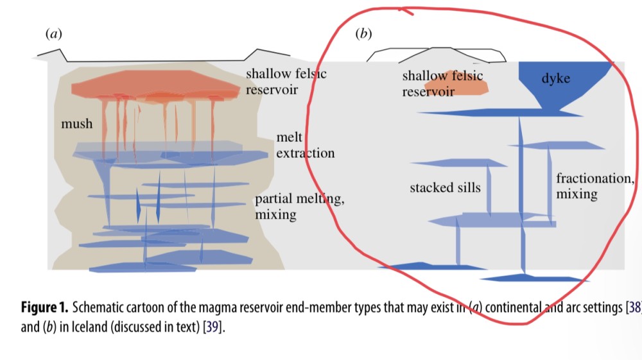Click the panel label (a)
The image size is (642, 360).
coord(53,34)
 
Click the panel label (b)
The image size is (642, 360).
coord(363,34)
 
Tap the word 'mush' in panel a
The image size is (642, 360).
coord(76,123)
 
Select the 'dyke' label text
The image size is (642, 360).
coord(555,79)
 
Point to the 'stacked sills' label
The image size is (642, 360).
coord(445,187)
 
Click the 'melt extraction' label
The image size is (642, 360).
coord(305,146)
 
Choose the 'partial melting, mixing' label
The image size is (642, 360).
coord(299,207)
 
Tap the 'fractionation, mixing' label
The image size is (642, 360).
coord(595,185)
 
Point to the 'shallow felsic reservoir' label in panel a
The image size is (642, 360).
coord(286,81)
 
